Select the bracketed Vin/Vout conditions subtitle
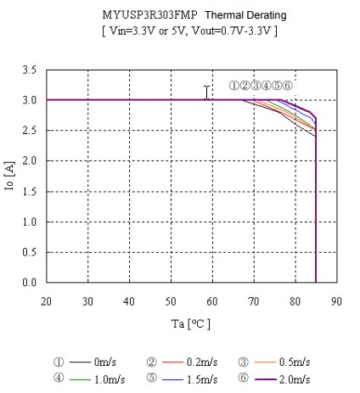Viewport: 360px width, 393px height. tap(188, 31)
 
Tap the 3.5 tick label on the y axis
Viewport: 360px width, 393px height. tap(30, 70)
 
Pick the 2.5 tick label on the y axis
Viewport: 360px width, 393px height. tap(30, 131)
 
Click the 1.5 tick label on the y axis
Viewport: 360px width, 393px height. tap(30, 191)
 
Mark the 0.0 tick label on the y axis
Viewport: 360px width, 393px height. tap(30, 283)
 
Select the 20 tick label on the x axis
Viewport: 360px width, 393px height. tap(47, 300)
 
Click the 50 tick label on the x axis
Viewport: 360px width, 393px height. tap(171, 300)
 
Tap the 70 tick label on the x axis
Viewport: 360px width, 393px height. tap(253, 300)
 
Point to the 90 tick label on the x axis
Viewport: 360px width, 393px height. tap(336, 300)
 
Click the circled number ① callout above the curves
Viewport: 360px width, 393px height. tap(234, 86)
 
